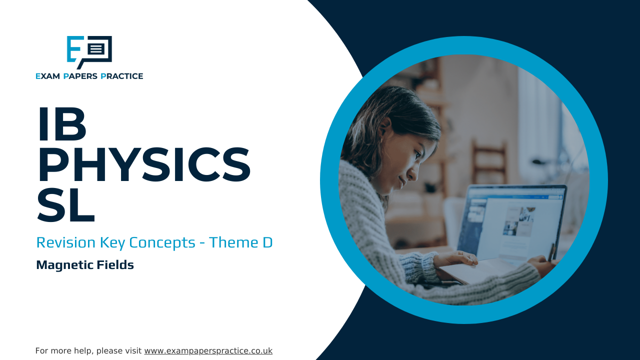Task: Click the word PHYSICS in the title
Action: pos(144,164)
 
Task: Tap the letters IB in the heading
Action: pos(62,124)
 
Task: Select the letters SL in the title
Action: pos(65,205)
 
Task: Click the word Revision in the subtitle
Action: pos(65,242)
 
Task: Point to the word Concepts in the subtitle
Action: pos(162,243)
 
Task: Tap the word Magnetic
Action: pos(64,265)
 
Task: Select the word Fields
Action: pos(115,264)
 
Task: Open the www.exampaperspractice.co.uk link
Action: pos(208,351)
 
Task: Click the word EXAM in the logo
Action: pos(47,76)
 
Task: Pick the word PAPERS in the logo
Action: pos(80,76)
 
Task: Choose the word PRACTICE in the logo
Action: pos(122,76)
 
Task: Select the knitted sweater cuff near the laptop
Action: pos(417,267)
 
